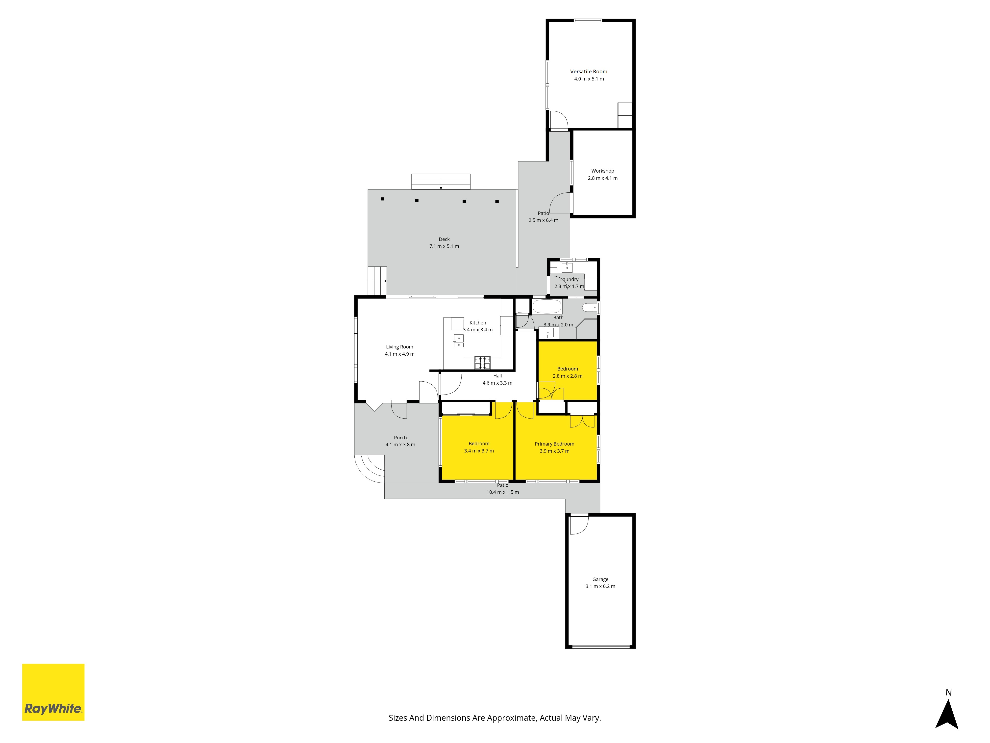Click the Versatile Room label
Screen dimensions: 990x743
click(x=589, y=72)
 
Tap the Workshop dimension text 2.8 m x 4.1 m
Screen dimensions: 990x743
click(x=602, y=178)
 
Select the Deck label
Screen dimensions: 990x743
click(x=444, y=239)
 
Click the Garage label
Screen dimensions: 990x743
click(x=600, y=579)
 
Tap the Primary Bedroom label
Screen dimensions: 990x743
click(x=555, y=444)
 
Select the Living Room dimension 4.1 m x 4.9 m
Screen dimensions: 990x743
click(x=400, y=354)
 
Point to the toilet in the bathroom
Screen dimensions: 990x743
click(x=590, y=307)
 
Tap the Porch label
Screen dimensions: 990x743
click(x=400, y=438)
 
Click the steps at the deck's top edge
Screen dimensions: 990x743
click(x=441, y=181)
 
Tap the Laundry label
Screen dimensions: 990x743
click(x=569, y=279)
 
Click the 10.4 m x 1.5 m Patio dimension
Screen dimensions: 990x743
click(x=503, y=492)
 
